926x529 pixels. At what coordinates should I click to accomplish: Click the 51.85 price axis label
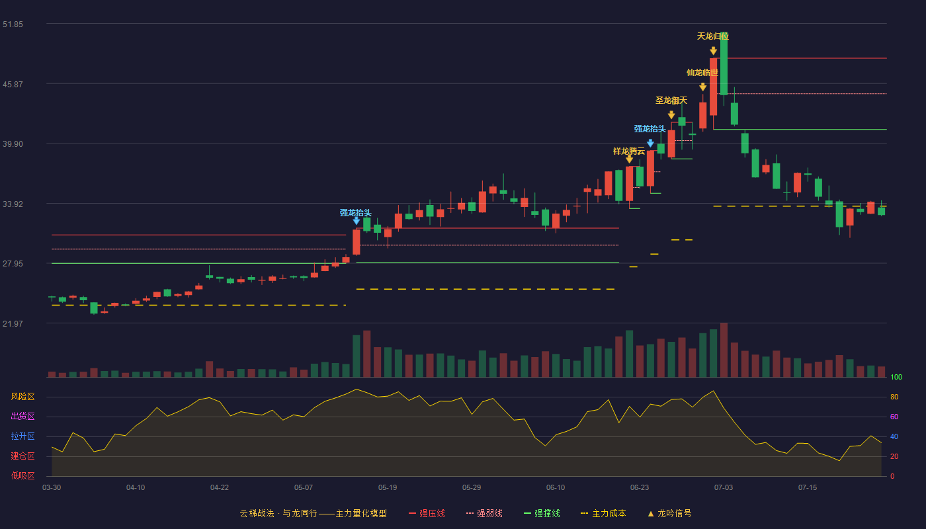click(13, 24)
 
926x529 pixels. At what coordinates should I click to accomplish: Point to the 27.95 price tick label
click(13, 264)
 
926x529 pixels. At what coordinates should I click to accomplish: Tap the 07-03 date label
click(724, 488)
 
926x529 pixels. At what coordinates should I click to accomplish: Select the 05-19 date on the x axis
click(388, 488)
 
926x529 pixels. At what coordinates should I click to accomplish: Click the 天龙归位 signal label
click(713, 36)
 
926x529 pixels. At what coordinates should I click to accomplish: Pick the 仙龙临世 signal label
click(702, 73)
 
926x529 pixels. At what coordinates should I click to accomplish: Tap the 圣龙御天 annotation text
click(671, 101)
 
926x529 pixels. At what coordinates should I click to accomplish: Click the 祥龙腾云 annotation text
click(629, 151)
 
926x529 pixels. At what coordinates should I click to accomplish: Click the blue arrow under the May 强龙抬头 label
click(357, 221)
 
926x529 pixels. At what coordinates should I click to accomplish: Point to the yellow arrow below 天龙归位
click(713, 51)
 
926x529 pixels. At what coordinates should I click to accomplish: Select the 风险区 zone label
click(22, 397)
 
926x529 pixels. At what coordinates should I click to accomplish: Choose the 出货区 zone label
click(22, 416)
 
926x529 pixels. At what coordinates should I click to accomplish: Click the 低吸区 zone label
click(22, 475)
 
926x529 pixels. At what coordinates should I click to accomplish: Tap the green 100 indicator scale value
click(896, 377)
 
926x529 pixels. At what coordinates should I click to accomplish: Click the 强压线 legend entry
click(427, 513)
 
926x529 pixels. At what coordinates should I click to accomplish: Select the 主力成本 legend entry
click(603, 513)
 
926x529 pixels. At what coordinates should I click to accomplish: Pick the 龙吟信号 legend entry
click(669, 513)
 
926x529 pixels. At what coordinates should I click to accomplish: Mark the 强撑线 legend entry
click(542, 513)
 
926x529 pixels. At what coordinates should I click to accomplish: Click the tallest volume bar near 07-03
click(724, 350)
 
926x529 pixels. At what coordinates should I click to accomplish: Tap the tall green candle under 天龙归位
click(724, 64)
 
